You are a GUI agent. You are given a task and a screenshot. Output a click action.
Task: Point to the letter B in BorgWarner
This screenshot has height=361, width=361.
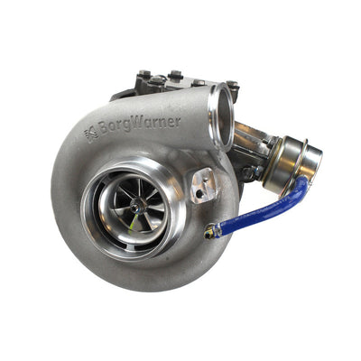[105, 132]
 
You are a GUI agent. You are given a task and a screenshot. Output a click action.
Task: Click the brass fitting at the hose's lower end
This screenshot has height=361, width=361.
[211, 234]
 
